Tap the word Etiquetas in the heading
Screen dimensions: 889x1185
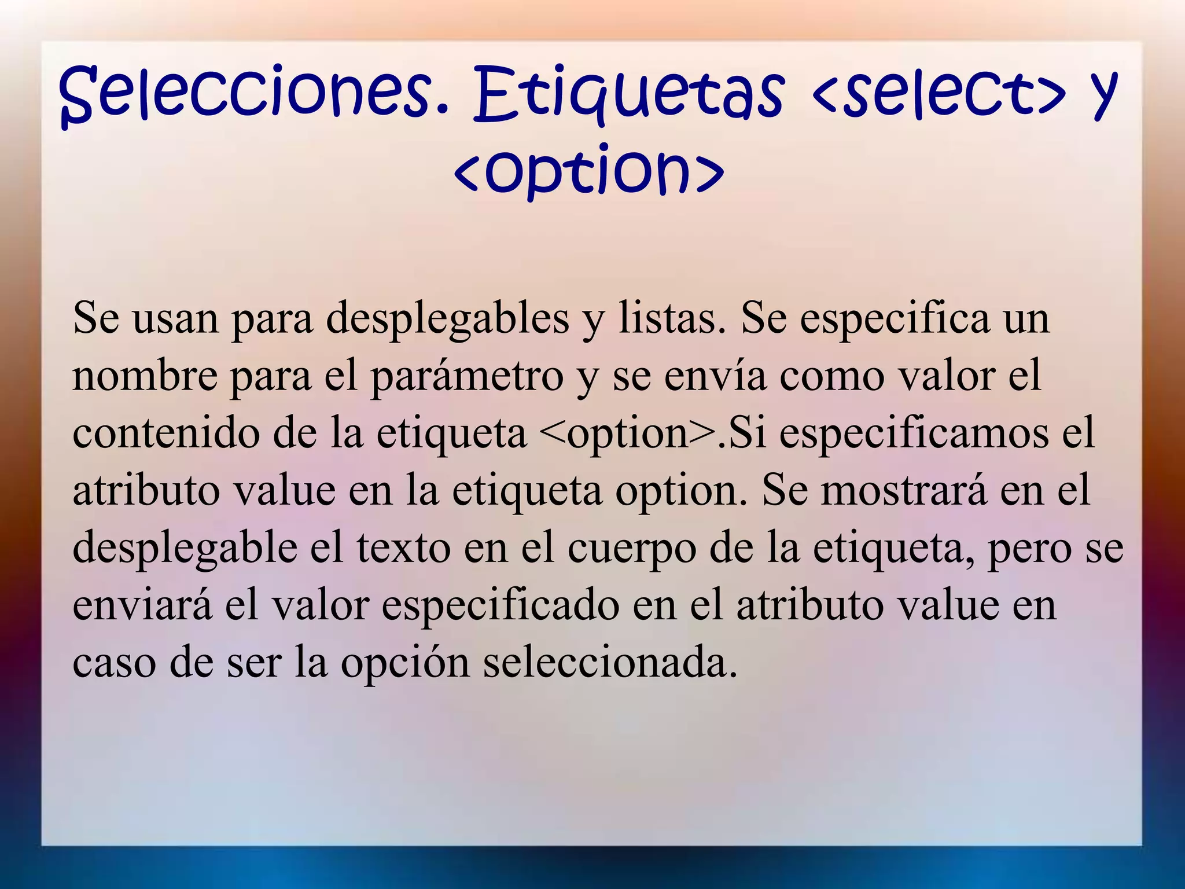pyautogui.click(x=628, y=94)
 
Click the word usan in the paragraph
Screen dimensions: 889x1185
pyautogui.click(x=176, y=318)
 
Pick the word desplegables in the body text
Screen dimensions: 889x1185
pyautogui.click(x=447, y=319)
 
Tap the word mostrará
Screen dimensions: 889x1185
pyautogui.click(x=904, y=490)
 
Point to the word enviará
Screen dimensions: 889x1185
pyautogui.click(x=142, y=605)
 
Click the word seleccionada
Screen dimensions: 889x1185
pyautogui.click(x=610, y=662)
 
